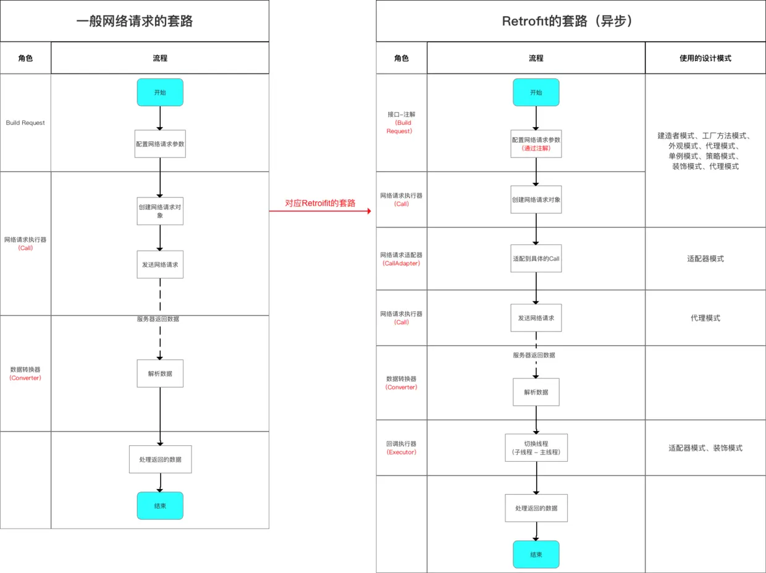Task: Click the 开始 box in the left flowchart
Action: [160, 92]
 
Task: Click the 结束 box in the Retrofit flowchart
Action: [536, 554]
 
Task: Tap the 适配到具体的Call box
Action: [536, 259]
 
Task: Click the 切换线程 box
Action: [536, 448]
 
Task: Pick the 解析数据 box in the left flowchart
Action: [160, 374]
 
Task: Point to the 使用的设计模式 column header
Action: [705, 58]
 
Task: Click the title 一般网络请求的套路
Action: [135, 21]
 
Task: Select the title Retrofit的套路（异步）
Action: [567, 21]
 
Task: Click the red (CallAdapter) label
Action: [402, 263]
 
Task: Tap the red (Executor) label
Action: [402, 452]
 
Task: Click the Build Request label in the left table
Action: [25, 123]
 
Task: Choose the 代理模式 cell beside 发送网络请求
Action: [705, 318]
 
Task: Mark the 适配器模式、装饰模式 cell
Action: [705, 448]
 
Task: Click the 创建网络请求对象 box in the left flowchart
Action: [160, 211]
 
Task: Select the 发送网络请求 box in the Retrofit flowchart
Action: [536, 318]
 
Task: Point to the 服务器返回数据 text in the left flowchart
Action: [158, 319]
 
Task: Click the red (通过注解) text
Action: [536, 148]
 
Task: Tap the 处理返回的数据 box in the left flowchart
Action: [160, 459]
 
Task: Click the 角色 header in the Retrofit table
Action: [402, 58]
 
